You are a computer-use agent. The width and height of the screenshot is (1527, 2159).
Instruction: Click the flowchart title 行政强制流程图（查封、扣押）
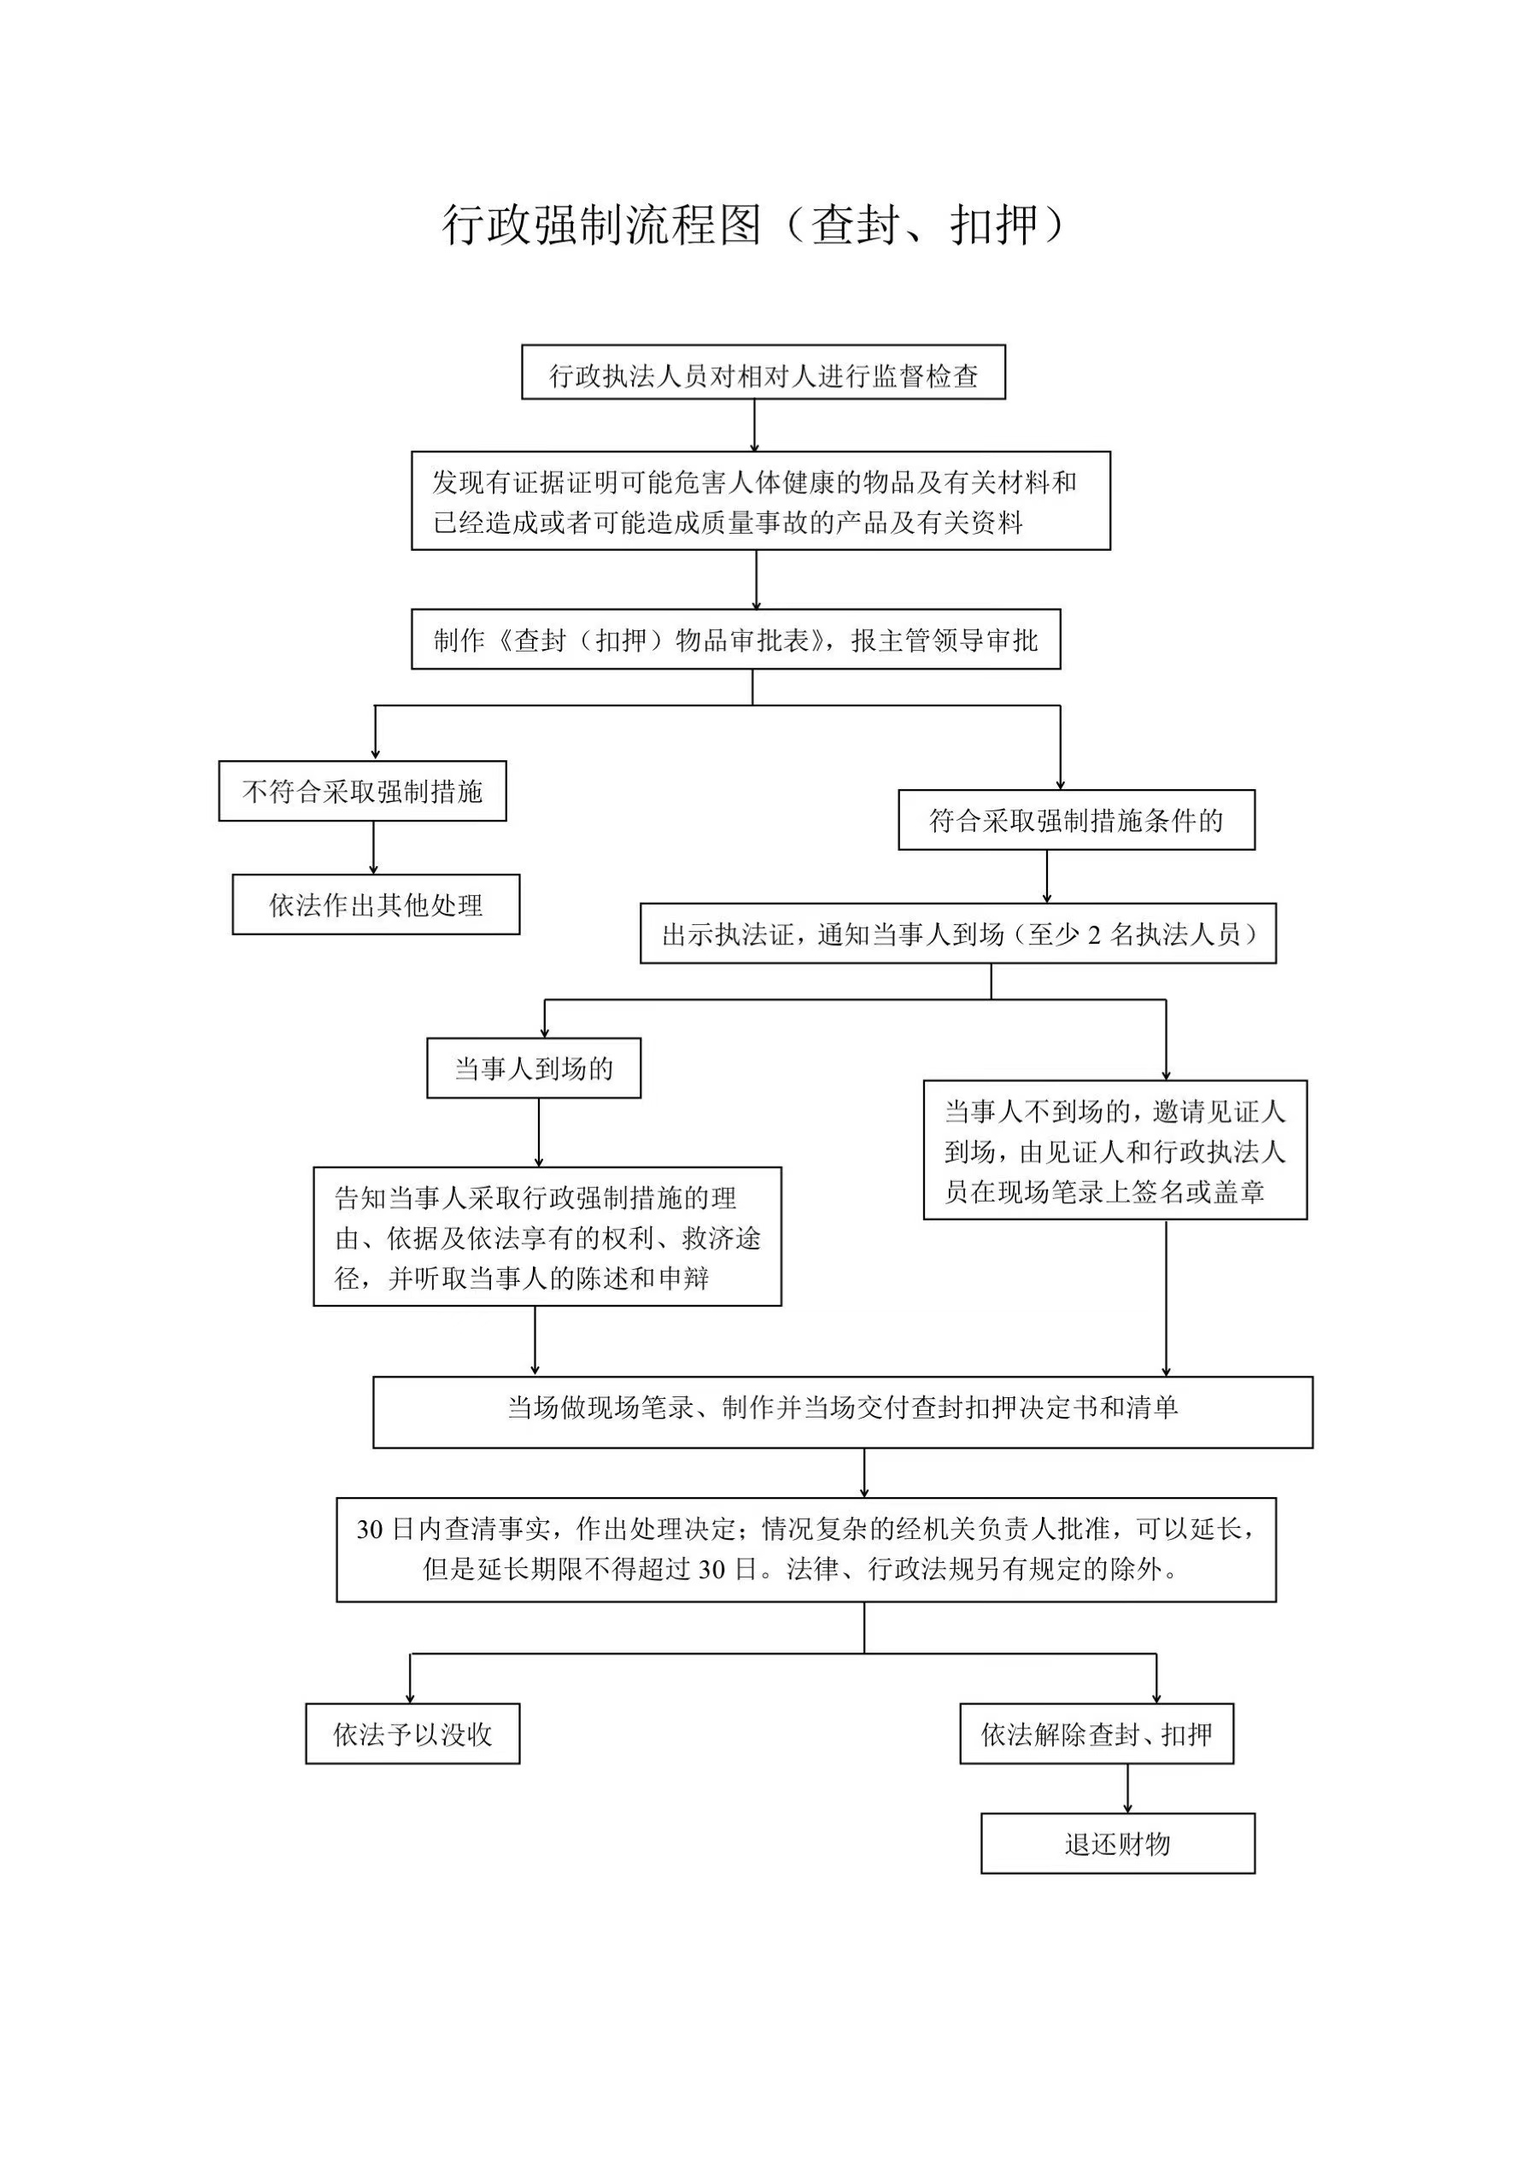755,225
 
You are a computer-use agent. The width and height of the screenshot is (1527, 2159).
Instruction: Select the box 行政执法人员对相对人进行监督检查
763,372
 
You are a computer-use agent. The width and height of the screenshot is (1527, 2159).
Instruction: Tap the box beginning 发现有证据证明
761,501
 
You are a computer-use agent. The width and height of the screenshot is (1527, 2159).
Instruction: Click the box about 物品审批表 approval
736,640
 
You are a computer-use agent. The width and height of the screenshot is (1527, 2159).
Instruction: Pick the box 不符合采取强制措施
363,791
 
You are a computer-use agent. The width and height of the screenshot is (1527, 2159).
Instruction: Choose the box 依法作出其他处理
376,904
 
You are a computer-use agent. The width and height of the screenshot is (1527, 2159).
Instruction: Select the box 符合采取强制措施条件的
1077,820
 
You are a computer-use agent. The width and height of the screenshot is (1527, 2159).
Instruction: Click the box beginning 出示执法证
958,933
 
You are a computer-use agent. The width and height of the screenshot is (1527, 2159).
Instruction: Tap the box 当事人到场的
534,1068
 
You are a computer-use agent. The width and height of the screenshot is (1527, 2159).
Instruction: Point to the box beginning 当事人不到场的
1115,1150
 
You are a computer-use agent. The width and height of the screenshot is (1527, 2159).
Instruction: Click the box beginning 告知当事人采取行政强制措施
547,1237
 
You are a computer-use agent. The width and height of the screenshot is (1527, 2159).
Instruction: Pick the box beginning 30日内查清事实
807,1550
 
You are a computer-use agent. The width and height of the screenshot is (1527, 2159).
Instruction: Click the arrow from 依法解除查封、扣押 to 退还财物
1127,1788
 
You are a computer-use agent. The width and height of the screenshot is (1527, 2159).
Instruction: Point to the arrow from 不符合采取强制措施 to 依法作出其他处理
373,848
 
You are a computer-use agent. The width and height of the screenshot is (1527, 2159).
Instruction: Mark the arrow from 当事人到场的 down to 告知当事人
539,1133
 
